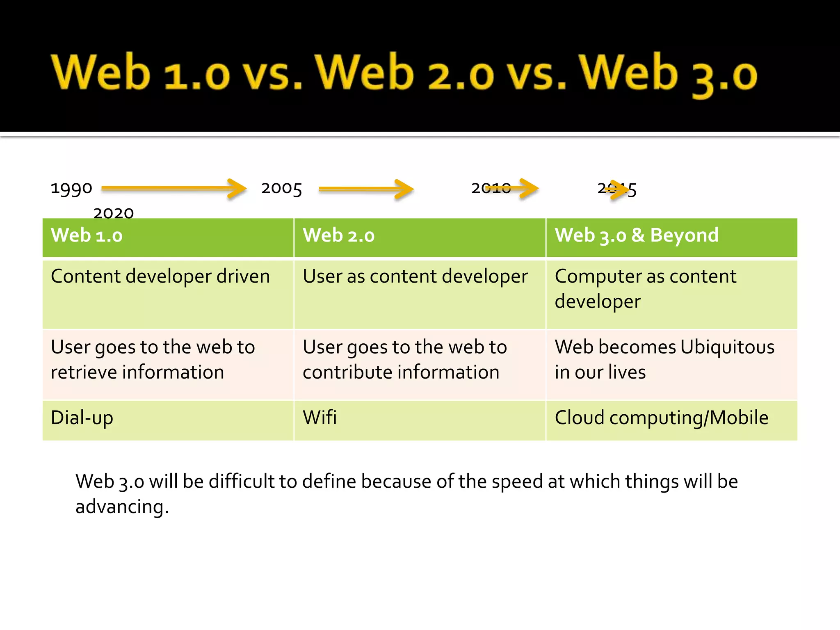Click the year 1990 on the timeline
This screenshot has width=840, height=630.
(71, 188)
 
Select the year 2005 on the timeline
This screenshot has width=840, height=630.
(281, 188)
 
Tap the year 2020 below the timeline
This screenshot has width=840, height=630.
(114, 213)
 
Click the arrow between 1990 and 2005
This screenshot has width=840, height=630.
(174, 188)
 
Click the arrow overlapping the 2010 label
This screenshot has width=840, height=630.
(513, 188)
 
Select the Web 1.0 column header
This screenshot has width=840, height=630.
(87, 235)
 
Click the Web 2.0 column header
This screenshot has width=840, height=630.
(338, 235)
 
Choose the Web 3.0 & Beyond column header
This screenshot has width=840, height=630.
(637, 235)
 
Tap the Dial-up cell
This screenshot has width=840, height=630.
(82, 418)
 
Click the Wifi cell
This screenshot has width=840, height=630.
(320, 418)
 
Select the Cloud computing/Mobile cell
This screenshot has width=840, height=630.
(661, 418)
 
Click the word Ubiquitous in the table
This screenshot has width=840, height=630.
(727, 347)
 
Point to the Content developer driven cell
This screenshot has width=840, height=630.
(160, 276)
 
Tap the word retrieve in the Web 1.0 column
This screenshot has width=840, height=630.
(84, 372)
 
